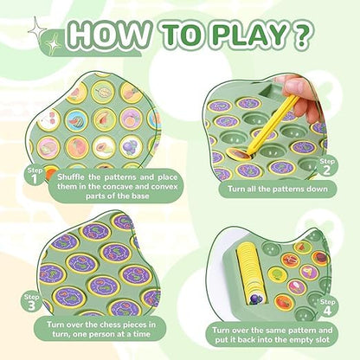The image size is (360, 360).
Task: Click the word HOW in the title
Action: pos(111,37)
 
